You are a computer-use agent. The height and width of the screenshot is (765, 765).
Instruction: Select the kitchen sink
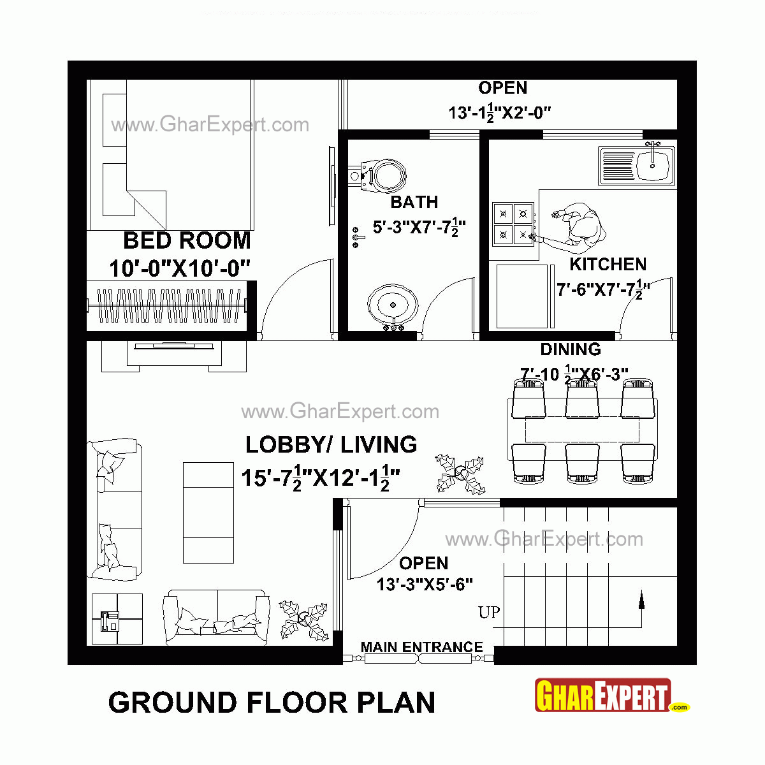636,165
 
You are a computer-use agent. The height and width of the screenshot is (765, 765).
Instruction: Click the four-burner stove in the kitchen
513,224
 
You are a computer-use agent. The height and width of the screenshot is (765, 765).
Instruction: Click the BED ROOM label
187,241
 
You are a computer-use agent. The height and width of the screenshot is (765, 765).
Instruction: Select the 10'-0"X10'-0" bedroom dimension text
179,268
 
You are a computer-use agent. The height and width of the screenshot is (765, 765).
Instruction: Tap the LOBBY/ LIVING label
331,444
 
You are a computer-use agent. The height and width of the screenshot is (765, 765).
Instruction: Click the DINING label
570,349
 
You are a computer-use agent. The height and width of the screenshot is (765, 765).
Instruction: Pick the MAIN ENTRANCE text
421,647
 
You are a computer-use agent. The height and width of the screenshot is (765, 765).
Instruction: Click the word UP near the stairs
489,613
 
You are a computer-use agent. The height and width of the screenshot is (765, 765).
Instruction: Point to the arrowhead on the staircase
641,599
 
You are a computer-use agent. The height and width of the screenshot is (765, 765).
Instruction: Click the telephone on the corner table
110,620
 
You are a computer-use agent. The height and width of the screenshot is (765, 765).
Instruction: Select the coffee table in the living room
208,513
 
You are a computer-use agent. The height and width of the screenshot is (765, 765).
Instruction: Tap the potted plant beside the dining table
460,474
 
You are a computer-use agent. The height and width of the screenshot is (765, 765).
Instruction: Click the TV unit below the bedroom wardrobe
174,355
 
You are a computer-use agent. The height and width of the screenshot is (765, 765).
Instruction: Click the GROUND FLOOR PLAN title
272,703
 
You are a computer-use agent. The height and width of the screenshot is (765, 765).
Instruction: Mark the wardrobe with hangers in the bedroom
170,306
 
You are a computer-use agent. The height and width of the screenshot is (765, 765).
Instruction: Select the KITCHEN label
608,264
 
